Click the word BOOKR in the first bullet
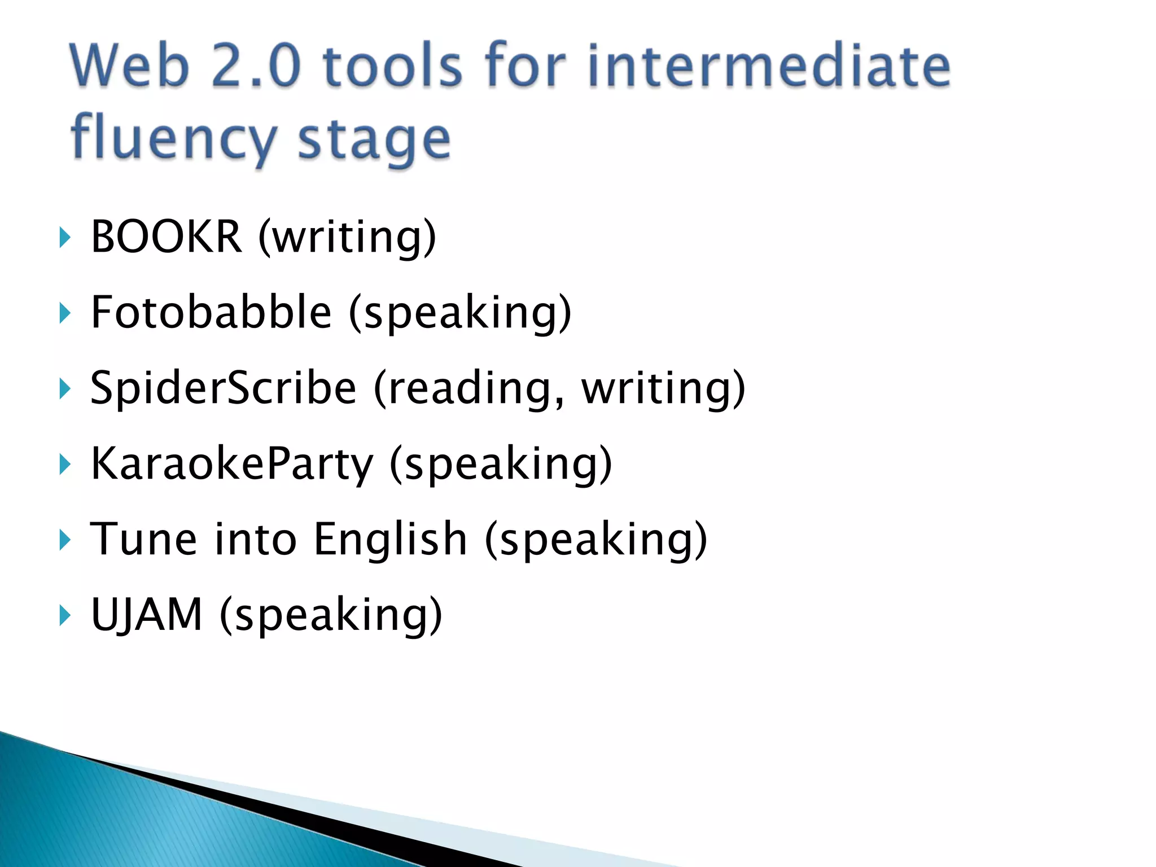click(x=166, y=236)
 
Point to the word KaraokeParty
click(x=232, y=463)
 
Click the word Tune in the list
click(x=144, y=538)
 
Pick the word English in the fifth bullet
click(x=390, y=538)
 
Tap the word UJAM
click(x=146, y=614)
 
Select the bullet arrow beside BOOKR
click(x=65, y=238)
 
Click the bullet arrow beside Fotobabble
click(x=65, y=313)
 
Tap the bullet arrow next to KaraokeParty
click(x=65, y=465)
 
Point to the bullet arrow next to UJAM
click(x=65, y=616)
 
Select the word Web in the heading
click(x=129, y=66)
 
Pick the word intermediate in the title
click(x=769, y=66)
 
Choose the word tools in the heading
click(x=393, y=66)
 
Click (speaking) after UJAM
click(x=331, y=615)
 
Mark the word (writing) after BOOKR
click(x=347, y=237)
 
